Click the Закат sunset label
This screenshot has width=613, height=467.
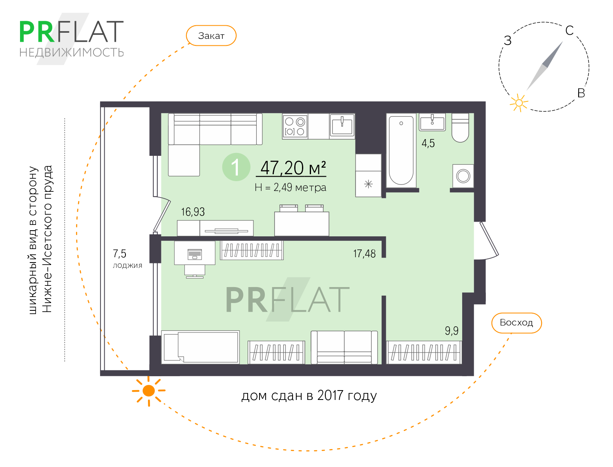[x=211, y=36]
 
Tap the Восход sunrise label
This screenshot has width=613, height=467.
[x=516, y=323]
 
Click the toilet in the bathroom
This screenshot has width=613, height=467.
[x=460, y=128]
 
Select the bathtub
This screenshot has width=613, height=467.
[x=401, y=150]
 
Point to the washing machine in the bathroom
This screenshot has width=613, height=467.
[x=463, y=176]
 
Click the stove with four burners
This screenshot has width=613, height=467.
[x=295, y=126]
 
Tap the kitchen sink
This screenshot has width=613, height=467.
[x=342, y=126]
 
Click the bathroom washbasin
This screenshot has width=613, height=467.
[x=432, y=122]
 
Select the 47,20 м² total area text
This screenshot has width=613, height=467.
[x=293, y=168]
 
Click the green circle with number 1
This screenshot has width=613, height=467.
[x=236, y=167]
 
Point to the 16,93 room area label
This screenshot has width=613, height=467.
[x=193, y=212]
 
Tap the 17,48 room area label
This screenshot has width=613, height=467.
[x=364, y=254]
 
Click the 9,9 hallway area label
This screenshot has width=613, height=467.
[x=452, y=330]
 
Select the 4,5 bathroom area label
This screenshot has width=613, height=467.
[x=428, y=143]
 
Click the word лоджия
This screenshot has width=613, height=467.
[x=128, y=265]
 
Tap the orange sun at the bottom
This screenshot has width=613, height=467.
[x=149, y=391]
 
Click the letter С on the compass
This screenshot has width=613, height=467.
[x=569, y=31]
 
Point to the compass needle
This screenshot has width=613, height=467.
[x=545, y=66]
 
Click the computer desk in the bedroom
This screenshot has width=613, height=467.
[x=195, y=254]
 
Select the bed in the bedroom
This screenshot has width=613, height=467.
[x=201, y=347]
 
